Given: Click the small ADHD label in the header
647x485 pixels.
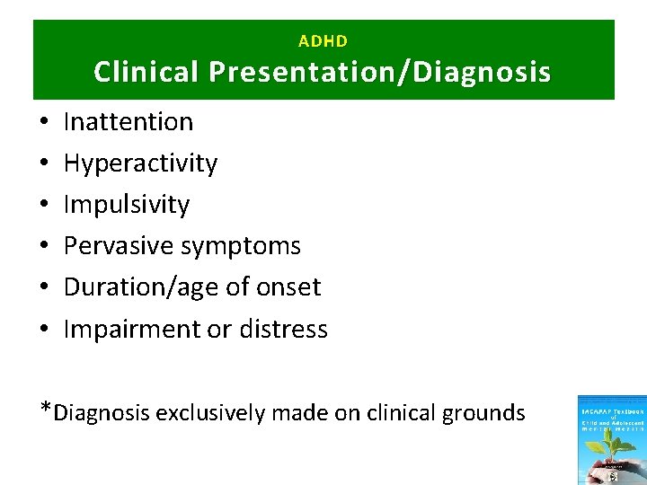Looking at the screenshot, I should click(323, 41).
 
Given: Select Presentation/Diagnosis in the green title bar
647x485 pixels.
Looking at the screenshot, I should click(380, 72).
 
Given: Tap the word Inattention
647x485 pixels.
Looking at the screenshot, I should click(129, 121).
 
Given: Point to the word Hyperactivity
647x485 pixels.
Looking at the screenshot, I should click(140, 163).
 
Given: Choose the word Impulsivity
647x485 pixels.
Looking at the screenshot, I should click(127, 205).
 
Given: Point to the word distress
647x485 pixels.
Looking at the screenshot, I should click(283, 329).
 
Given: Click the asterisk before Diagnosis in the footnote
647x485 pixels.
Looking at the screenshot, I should click(46, 410).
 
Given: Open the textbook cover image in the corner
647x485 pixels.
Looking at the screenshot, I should click(611, 440).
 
